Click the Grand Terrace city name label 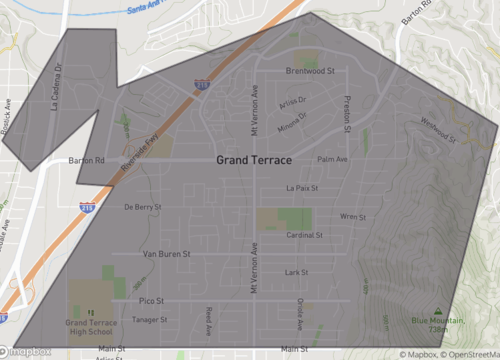pos(254,160)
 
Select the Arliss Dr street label pos(293,101)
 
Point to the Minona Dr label pos(293,115)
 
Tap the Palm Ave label pos(332,159)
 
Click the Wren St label pos(353,216)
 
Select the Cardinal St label pos(304,236)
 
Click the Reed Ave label pos(209,318)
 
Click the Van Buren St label pos(166,254)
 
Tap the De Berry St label pos(142,207)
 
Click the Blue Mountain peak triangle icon pos(438,310)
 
